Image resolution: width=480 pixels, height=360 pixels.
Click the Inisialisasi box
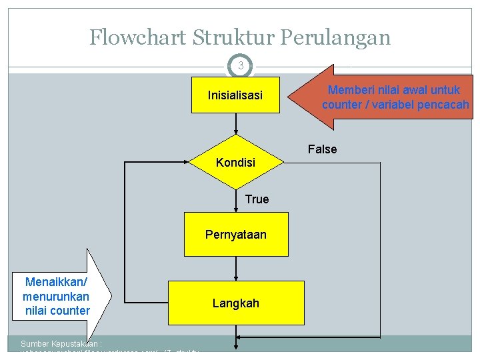pyautogui.click(x=235, y=95)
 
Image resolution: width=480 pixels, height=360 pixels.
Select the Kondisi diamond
pyautogui.click(x=235, y=162)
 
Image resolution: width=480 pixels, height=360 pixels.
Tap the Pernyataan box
pyautogui.click(x=236, y=234)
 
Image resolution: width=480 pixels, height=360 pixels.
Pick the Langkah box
pyautogui.click(x=236, y=303)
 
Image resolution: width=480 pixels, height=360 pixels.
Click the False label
pyautogui.click(x=322, y=149)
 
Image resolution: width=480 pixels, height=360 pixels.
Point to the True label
pyautogui.click(x=257, y=199)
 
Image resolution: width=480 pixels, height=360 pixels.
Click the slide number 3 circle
pyautogui.click(x=240, y=66)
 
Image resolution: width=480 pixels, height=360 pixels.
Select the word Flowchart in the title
pyautogui.click(x=137, y=37)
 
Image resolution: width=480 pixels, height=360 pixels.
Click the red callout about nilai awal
pyautogui.click(x=387, y=97)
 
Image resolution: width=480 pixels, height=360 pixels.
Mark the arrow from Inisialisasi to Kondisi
pyautogui.click(x=235, y=125)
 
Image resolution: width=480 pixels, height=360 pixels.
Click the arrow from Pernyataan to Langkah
pyautogui.click(x=236, y=269)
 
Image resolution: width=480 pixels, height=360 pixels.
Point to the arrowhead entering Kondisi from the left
pyautogui.click(x=186, y=161)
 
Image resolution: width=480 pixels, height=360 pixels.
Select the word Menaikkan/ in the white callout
pyautogui.click(x=51, y=282)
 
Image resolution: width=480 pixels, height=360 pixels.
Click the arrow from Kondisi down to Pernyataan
pyautogui.click(x=236, y=200)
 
